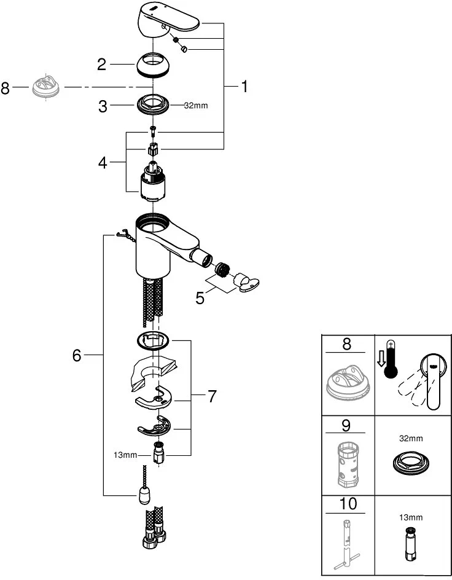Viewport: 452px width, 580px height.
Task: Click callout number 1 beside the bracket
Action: (x=244, y=87)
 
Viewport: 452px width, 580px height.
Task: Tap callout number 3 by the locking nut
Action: (x=103, y=106)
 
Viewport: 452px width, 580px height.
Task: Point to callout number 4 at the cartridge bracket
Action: (x=103, y=163)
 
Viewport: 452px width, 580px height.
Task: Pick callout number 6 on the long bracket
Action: (x=77, y=355)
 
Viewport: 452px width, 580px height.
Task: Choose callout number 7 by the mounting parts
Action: (x=211, y=396)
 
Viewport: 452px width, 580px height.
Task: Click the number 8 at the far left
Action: (x=6, y=88)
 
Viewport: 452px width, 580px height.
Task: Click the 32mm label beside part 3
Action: (x=197, y=106)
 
